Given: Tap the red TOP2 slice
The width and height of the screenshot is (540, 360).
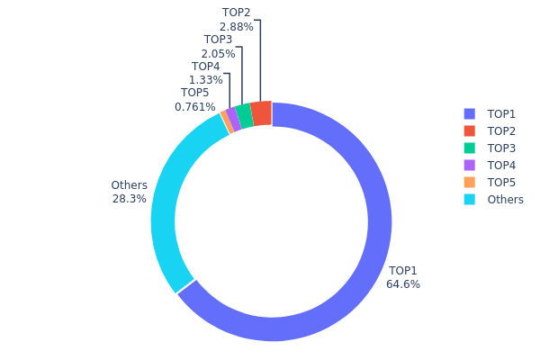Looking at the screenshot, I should (261, 114).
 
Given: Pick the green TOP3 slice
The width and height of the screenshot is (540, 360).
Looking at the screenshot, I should (244, 117).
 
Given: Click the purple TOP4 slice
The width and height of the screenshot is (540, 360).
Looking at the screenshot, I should (233, 120).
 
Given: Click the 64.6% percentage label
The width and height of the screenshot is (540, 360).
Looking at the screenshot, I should (403, 284).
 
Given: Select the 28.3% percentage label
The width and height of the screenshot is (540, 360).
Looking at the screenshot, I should (130, 199).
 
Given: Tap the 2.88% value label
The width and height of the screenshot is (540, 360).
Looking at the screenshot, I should (236, 27).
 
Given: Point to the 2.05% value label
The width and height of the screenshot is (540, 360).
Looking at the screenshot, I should (218, 54).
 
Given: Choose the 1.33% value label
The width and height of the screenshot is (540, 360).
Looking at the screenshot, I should (205, 80).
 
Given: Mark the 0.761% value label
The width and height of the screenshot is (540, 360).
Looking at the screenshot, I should (195, 107).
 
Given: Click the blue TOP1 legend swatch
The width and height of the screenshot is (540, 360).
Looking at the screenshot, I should (469, 114).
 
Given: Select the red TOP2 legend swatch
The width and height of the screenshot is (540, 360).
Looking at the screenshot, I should (469, 131).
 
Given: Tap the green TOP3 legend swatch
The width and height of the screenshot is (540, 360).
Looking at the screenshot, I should (469, 148).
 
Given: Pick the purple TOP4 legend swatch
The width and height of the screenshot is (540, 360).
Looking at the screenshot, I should (469, 166).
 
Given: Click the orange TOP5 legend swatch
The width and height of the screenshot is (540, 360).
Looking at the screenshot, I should (469, 183).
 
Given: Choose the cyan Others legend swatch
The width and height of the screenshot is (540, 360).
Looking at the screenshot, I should (469, 200).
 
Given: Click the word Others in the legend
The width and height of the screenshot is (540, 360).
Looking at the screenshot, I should (505, 200).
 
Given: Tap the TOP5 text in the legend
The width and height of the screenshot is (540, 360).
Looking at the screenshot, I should (501, 183).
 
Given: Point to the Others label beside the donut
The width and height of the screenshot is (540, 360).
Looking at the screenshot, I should (129, 185).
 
